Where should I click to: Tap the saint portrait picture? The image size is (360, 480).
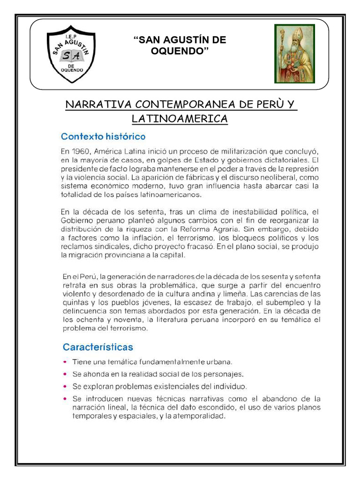[x=294, y=53]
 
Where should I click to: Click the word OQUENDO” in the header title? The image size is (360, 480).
[x=180, y=51]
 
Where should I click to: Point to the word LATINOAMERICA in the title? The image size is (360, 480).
[x=180, y=119]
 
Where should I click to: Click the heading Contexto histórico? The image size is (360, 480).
[x=104, y=137]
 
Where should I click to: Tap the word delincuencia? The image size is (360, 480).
[x=85, y=310]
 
